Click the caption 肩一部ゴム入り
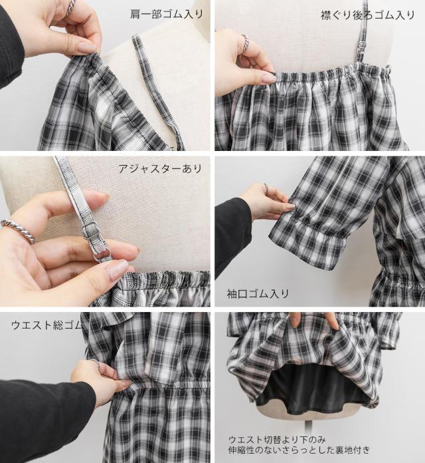tap(167, 14)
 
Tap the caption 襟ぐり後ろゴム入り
tap(367, 15)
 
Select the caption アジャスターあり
tap(160, 168)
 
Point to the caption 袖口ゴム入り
tap(258, 294)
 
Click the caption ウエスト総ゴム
tap(47, 325)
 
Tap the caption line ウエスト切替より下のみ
tap(277, 440)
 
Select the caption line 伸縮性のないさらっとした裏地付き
tap(299, 450)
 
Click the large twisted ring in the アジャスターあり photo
tap(19, 231)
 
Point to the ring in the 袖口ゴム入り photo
tap(266, 188)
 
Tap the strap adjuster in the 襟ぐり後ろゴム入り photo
tap(362, 45)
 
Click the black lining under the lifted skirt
tap(312, 389)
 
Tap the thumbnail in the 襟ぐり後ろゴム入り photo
tap(270, 78)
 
